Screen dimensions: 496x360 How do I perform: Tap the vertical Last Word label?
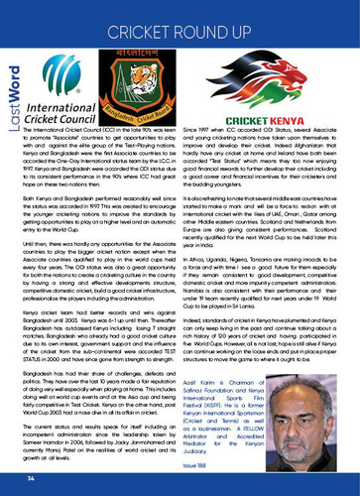(x=13, y=103)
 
